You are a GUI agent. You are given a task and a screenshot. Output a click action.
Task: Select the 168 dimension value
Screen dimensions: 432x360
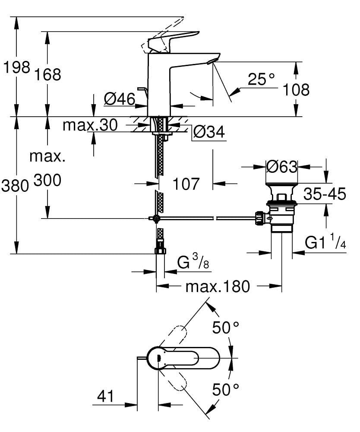(x=47, y=74)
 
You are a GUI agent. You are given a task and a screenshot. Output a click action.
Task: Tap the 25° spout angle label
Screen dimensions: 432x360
(x=261, y=79)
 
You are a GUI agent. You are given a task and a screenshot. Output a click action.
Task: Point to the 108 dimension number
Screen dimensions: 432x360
(x=296, y=90)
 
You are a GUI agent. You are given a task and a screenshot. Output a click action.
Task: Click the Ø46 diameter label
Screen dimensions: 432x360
(x=119, y=99)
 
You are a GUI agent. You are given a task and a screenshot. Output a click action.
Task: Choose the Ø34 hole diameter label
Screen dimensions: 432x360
(x=209, y=133)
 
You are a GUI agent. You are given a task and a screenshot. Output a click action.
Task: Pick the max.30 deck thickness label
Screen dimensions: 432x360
(x=90, y=125)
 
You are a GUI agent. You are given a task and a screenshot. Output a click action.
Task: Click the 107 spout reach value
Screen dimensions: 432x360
(x=186, y=184)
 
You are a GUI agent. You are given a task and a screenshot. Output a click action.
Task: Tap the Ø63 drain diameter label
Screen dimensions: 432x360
(x=281, y=166)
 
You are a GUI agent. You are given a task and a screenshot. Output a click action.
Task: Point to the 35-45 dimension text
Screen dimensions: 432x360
(x=325, y=194)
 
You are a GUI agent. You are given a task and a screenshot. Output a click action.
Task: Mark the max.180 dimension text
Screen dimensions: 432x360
(x=217, y=286)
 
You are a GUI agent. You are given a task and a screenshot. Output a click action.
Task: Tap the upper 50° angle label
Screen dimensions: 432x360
(x=226, y=329)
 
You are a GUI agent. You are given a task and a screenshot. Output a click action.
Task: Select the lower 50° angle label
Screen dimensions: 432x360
(x=226, y=390)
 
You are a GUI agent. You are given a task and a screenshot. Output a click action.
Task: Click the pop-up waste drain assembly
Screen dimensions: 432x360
(x=281, y=207)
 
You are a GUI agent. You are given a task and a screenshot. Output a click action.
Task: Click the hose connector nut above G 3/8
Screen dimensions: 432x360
(x=160, y=251)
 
